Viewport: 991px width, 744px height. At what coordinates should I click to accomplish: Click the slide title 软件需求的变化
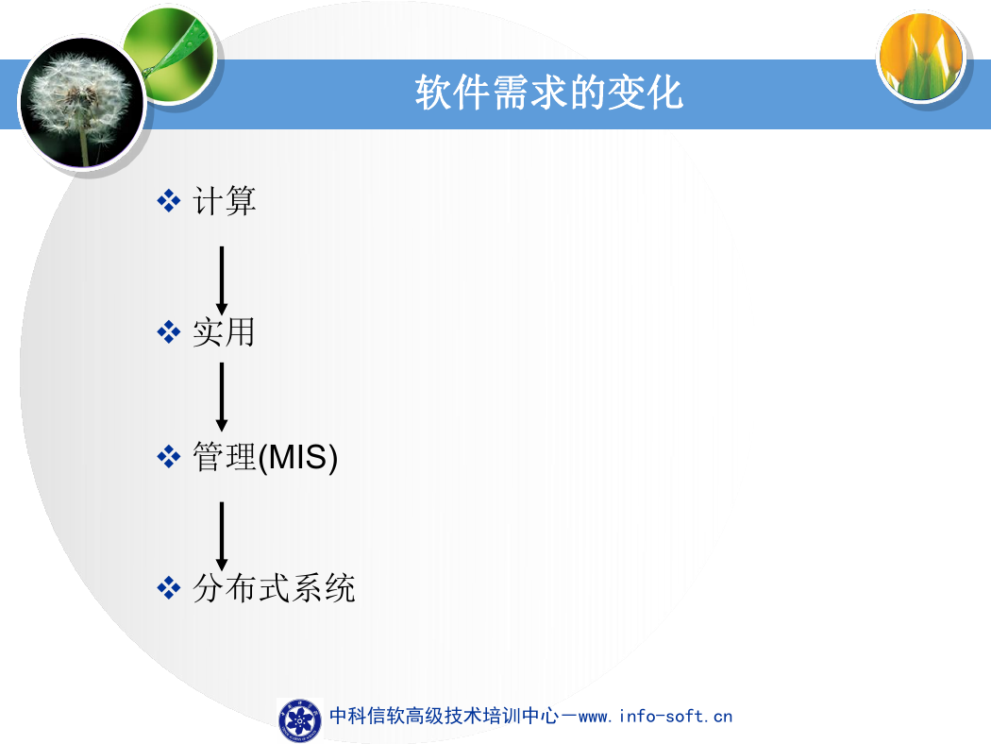click(x=548, y=93)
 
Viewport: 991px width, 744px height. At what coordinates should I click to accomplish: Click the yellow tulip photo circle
click(x=921, y=57)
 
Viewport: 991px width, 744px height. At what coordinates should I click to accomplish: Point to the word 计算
click(x=225, y=201)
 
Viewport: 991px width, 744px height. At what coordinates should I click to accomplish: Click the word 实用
click(x=224, y=331)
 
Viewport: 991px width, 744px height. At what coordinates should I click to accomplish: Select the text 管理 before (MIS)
click(x=225, y=456)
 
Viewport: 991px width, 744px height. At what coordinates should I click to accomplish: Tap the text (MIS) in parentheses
click(x=298, y=457)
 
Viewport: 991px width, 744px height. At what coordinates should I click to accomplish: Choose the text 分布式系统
click(x=274, y=588)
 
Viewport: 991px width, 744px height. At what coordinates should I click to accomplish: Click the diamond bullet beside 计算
click(x=169, y=201)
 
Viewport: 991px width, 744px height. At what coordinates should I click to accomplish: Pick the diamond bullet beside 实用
click(x=169, y=331)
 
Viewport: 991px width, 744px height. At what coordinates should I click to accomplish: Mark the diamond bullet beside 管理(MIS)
click(x=169, y=456)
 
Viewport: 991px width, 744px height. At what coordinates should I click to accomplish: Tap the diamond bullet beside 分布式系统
click(x=169, y=587)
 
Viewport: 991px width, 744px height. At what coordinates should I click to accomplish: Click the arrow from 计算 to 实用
click(x=222, y=280)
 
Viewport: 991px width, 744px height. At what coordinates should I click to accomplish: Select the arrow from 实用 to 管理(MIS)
click(x=222, y=397)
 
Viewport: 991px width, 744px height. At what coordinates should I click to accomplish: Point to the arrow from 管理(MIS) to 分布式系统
click(x=222, y=536)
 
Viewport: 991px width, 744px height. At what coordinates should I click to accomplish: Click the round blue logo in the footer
click(x=299, y=720)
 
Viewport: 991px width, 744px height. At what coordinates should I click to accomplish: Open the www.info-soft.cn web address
click(x=655, y=717)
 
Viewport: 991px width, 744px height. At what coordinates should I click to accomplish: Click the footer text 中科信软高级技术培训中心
click(x=445, y=716)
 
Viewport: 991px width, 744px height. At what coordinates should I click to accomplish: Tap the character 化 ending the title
click(x=664, y=93)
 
